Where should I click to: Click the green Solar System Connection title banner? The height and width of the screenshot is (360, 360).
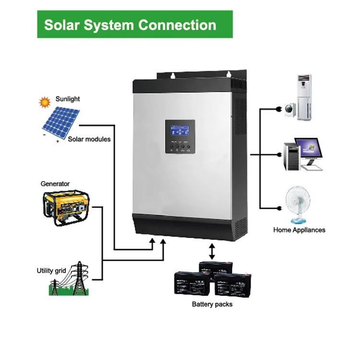[135, 24]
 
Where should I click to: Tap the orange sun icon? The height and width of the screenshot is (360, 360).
[45, 102]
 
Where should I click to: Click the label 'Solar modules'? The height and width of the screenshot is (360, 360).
[89, 139]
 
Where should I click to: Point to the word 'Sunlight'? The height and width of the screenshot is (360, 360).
[68, 99]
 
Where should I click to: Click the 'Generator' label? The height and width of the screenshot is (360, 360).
[55, 184]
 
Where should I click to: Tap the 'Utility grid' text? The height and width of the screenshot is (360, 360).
[51, 271]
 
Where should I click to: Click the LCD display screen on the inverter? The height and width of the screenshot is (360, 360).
[180, 131]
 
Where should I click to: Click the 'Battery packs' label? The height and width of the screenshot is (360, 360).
[212, 304]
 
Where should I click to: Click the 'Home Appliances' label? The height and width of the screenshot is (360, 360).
[299, 230]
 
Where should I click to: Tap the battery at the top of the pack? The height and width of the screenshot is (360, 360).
[216, 269]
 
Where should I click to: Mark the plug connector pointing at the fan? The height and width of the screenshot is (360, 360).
[278, 208]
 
